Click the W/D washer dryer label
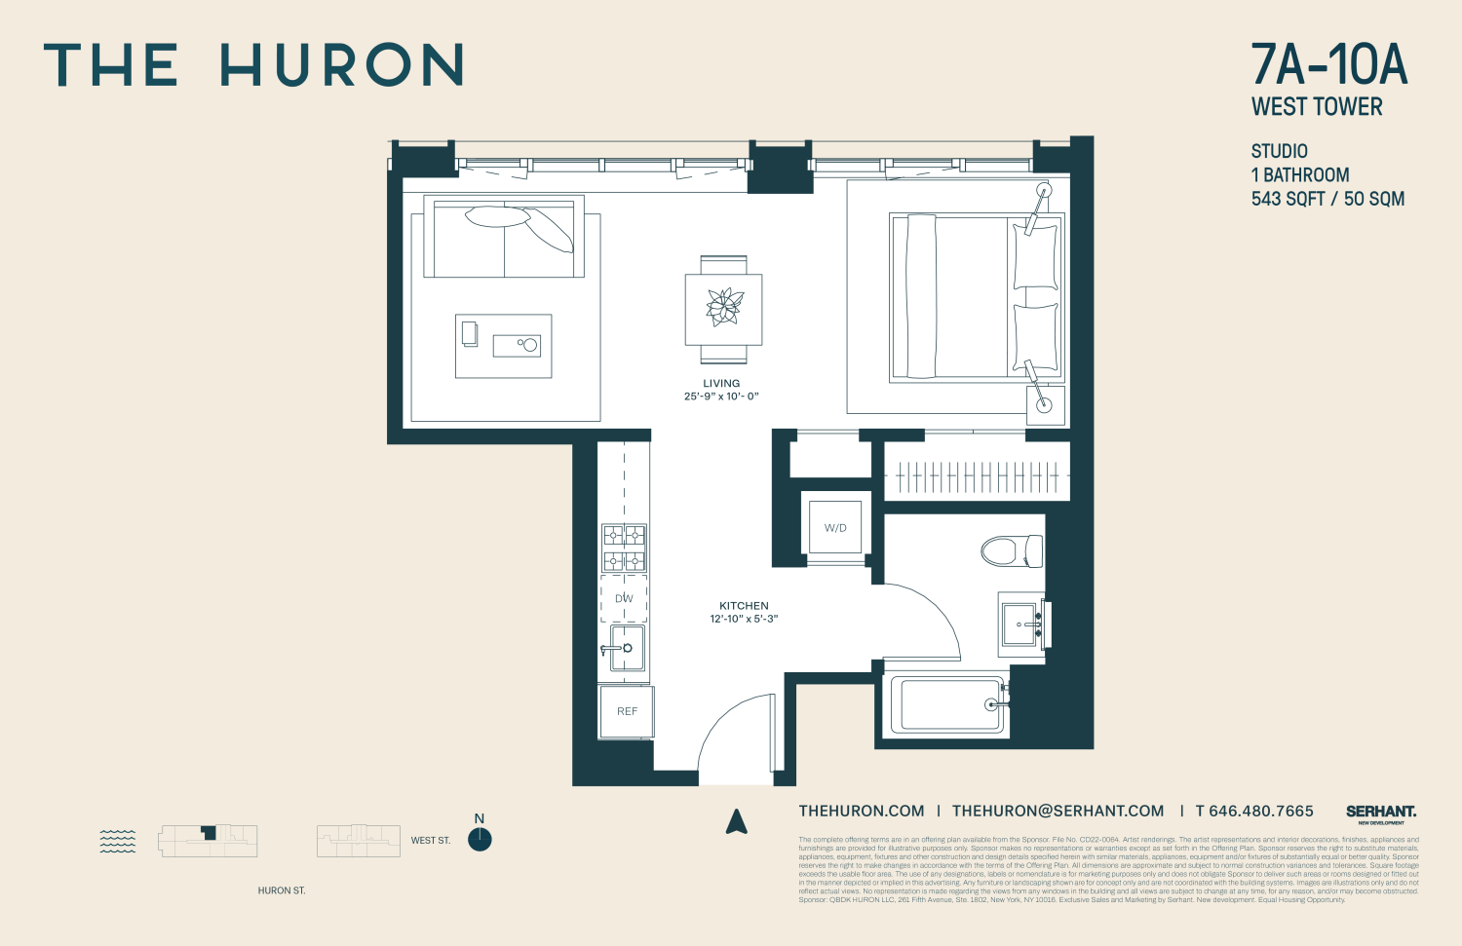pyautogui.click(x=835, y=528)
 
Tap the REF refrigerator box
pyautogui.click(x=627, y=711)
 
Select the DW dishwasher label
pyautogui.click(x=624, y=598)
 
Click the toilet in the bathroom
pyautogui.click(x=1011, y=550)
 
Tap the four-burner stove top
pyautogui.click(x=624, y=548)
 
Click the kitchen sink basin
pyautogui.click(x=627, y=648)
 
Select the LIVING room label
pyautogui.click(x=721, y=384)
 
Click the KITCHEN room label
pyautogui.click(x=744, y=606)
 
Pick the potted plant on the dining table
pyautogui.click(x=723, y=307)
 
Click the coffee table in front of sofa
pyautogui.click(x=503, y=346)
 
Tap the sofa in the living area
pyautogui.click(x=504, y=238)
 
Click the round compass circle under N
pyautogui.click(x=480, y=840)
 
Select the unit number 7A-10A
pyautogui.click(x=1329, y=65)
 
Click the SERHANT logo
pyautogui.click(x=1381, y=812)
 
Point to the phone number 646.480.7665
pyautogui.click(x=1261, y=811)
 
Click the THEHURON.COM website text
pyautogui.click(x=862, y=811)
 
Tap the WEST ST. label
pyautogui.click(x=431, y=840)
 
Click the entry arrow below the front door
pyautogui.click(x=737, y=822)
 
